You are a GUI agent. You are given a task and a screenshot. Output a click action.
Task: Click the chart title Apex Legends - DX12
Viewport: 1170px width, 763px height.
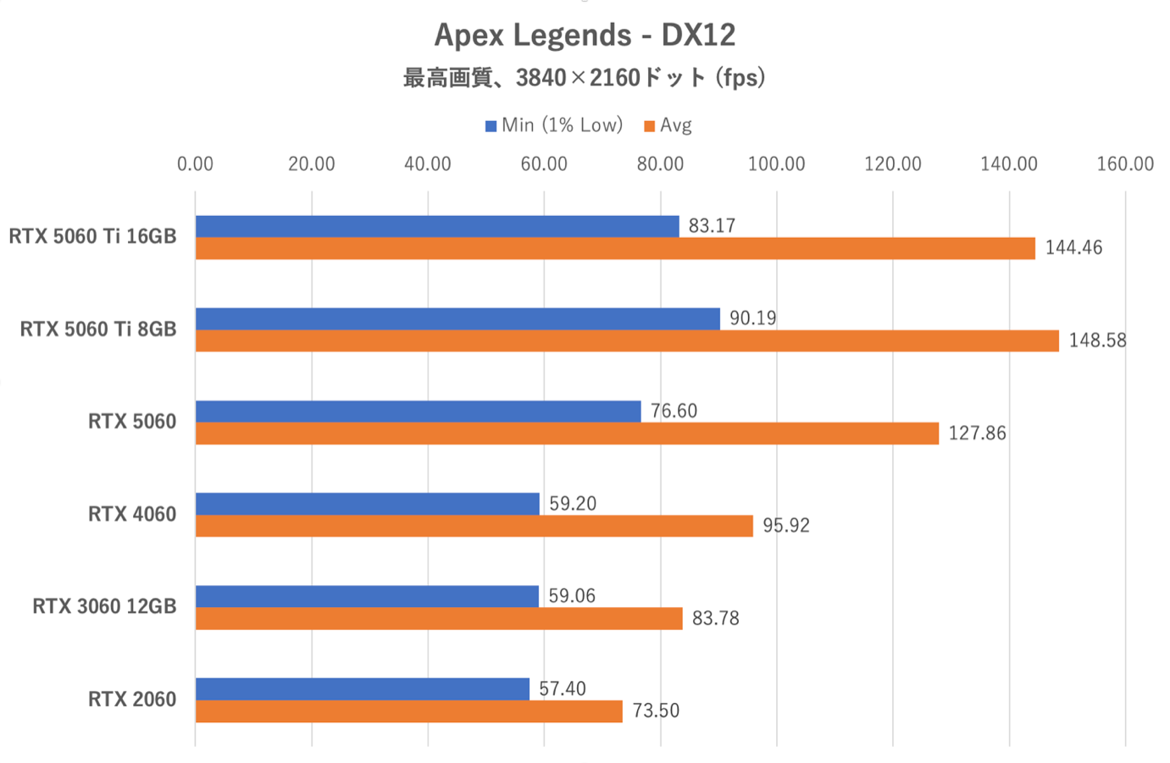point(585,36)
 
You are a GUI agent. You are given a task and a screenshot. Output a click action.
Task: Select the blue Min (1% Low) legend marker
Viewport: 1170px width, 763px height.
point(491,126)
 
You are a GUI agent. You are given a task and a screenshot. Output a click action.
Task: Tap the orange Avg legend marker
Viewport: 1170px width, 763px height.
point(650,126)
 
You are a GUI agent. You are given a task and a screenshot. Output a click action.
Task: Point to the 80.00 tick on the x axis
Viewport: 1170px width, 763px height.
point(660,164)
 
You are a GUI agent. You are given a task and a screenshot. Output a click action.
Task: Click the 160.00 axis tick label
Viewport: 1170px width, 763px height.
point(1125,164)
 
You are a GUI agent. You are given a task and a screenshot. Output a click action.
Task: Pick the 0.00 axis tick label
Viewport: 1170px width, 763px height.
point(195,164)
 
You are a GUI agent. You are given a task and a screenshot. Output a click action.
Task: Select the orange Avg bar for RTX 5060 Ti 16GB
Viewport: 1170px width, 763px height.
point(615,248)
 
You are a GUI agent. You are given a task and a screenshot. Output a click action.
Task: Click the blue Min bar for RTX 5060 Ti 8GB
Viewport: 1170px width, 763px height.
point(457,318)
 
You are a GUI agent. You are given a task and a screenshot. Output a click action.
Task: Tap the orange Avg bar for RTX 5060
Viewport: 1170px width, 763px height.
point(567,434)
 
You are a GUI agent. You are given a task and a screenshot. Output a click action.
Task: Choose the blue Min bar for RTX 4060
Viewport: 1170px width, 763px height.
point(368,504)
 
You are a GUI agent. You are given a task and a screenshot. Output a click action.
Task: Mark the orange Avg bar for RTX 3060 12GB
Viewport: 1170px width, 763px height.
point(439,619)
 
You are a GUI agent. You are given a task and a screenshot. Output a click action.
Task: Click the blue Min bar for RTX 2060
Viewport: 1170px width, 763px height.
point(363,688)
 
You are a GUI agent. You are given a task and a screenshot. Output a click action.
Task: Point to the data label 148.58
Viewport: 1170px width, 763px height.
point(1097,340)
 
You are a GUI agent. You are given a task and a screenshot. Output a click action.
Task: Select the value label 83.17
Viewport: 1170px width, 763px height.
point(712,226)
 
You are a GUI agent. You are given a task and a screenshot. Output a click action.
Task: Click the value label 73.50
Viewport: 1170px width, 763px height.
point(656,711)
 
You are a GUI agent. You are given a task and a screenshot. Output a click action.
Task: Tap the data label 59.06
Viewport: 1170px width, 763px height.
point(572,596)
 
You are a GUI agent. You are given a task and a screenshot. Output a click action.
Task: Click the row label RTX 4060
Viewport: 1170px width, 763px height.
point(132,514)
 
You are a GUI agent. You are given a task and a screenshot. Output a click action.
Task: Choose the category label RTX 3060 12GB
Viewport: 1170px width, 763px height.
point(104,606)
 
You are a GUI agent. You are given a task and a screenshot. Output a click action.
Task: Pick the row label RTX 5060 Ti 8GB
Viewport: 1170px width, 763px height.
point(98,329)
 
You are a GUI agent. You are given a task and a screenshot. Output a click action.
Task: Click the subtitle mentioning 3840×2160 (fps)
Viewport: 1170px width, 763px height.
point(585,78)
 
